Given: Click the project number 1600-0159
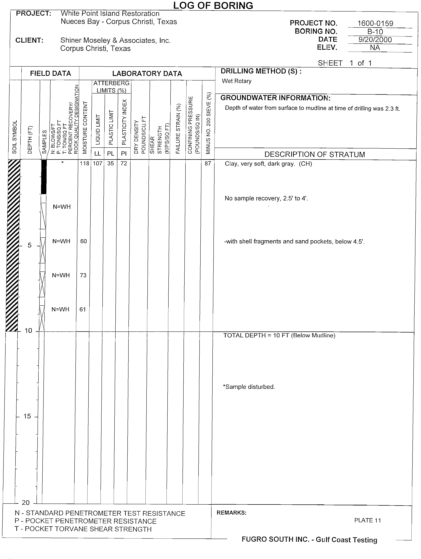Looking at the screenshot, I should pos(375,23).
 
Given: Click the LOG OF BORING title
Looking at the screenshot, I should pos(213,6).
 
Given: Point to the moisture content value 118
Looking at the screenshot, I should pos(85,164).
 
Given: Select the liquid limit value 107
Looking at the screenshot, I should pos(98,164).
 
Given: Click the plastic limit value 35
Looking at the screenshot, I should pos(110,164).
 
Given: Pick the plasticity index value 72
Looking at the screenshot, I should pos(124,164).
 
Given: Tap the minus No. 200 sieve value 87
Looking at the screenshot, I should pos(208,164).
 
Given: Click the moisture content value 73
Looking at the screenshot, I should pos(83,275).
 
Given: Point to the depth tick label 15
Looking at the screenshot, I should pos(27,416).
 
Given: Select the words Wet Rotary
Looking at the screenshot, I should pos(237,81).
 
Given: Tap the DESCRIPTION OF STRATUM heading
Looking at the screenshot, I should pos(315,154).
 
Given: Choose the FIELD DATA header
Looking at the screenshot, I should pos(51,74).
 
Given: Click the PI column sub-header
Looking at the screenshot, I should pos(124,153).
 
